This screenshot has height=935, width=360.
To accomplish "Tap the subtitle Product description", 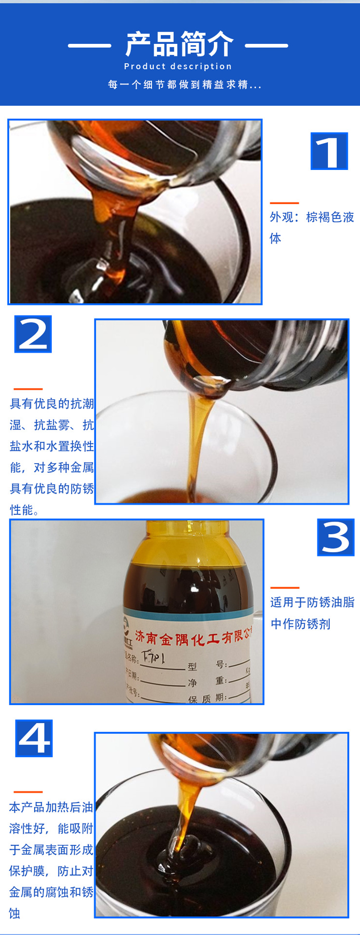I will pyautogui.click(x=178, y=66).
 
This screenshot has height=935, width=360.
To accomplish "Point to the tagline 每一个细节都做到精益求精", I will pyautogui.click(x=185, y=85).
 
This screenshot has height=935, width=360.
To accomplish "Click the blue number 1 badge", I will pyautogui.click(x=329, y=151).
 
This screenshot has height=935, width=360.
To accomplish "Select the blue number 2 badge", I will pyautogui.click(x=33, y=334).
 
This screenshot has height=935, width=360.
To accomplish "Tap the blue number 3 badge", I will pyautogui.click(x=336, y=537).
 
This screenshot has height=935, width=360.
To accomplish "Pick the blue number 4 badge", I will pyautogui.click(x=34, y=738).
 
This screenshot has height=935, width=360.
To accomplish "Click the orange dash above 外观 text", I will pyautogui.click(x=284, y=203).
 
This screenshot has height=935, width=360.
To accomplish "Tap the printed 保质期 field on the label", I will pyautogui.click(x=207, y=699).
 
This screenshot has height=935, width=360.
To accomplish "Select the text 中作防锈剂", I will pyautogui.click(x=301, y=624).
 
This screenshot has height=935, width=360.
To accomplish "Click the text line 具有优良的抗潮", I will pyautogui.click(x=52, y=404).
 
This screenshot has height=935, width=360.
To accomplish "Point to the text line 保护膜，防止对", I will pyautogui.click(x=51, y=871).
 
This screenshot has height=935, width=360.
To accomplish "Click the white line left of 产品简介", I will pyautogui.click(x=90, y=46).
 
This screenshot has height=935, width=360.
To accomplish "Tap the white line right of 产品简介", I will pyautogui.click(x=266, y=46).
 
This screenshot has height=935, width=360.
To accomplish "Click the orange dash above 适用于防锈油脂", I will pyautogui.click(x=284, y=588).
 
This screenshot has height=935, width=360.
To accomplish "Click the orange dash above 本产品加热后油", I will pyautogui.click(x=28, y=792).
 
